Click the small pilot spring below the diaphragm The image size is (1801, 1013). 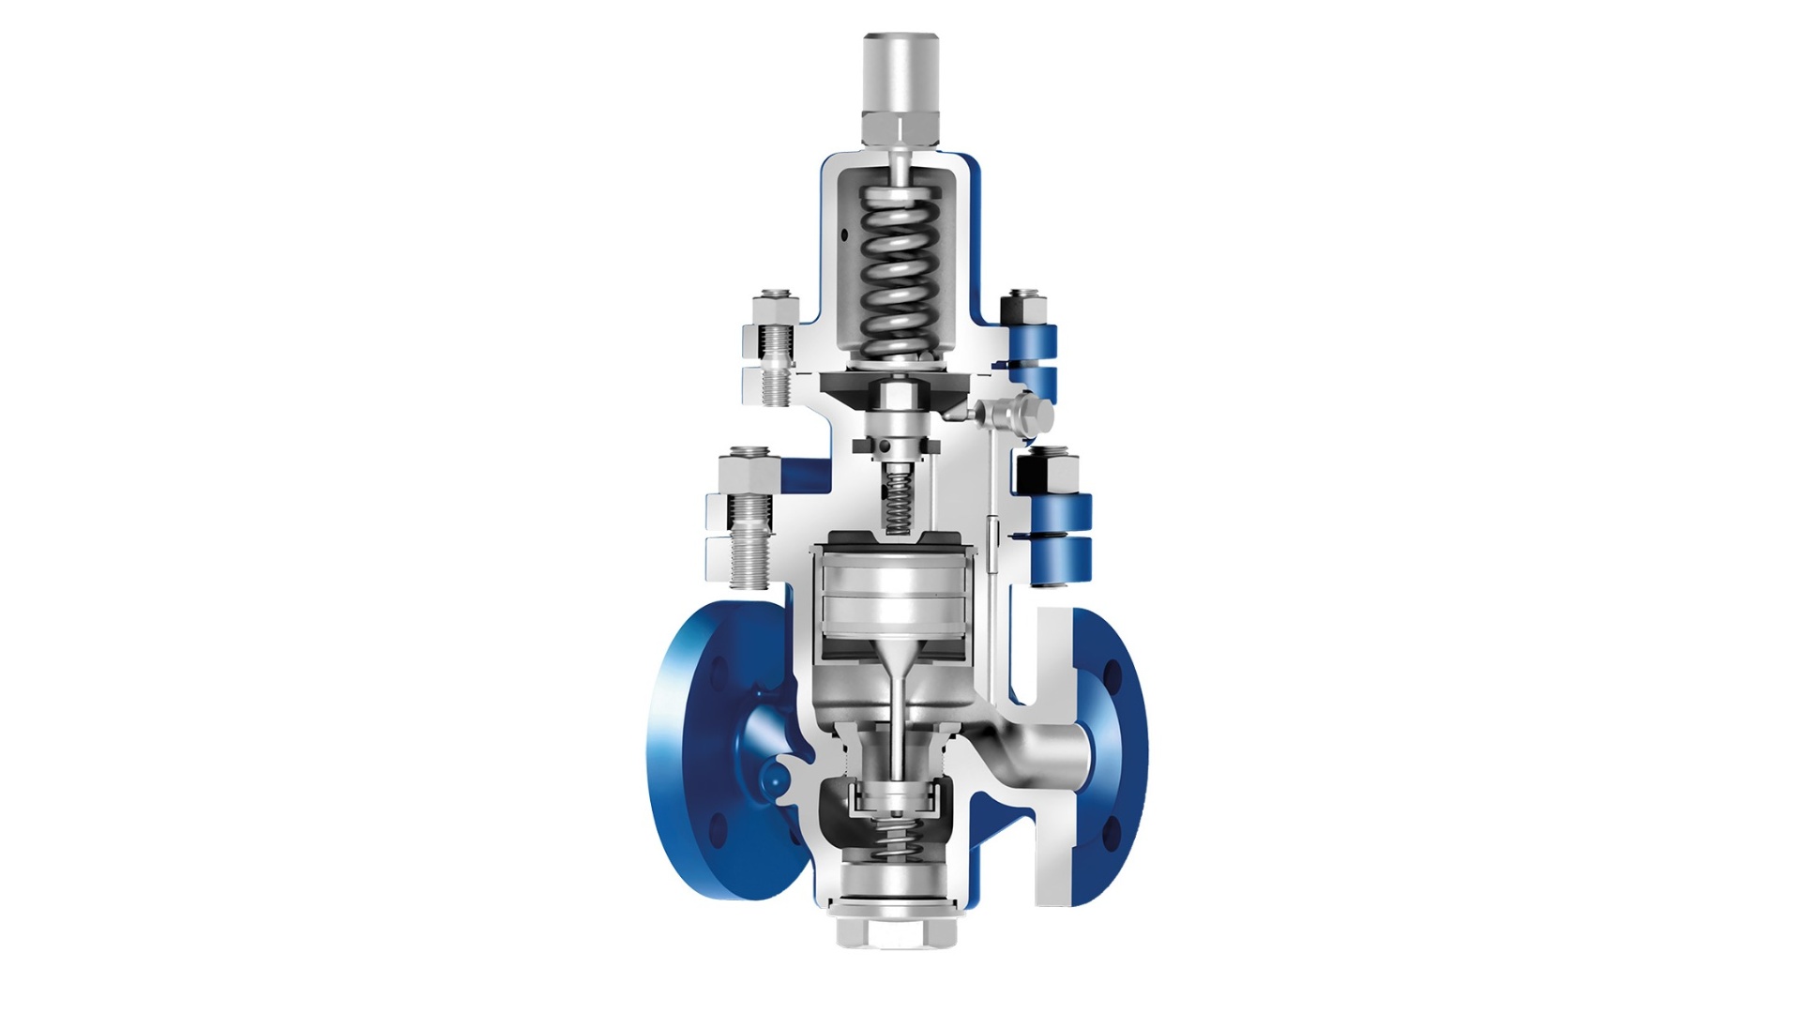click(900, 504)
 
